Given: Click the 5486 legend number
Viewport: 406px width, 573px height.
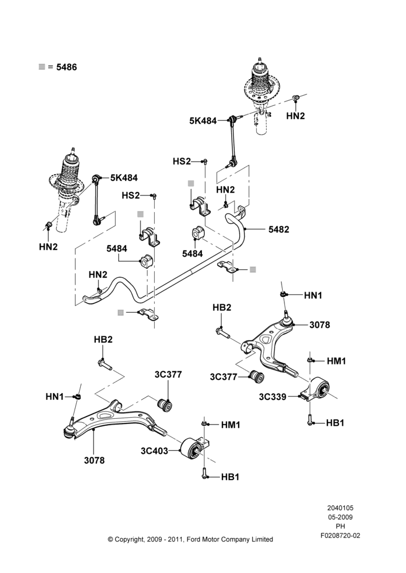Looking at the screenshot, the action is [67, 67].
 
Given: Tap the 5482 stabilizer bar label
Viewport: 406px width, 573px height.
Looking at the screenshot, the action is [279, 230].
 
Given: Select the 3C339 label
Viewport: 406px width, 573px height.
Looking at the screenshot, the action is [272, 397].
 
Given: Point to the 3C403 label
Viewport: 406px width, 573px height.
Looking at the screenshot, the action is [154, 451].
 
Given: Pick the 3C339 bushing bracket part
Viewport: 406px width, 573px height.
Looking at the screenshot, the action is [315, 390].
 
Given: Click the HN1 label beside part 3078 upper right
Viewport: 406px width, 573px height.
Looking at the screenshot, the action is [313, 295].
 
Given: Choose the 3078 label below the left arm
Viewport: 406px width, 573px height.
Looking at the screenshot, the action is [95, 461].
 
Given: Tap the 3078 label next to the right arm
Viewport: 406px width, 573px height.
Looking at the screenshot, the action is [319, 325].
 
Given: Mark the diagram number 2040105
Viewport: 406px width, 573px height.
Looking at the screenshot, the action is [340, 508].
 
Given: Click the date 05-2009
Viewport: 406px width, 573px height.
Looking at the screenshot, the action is [340, 517].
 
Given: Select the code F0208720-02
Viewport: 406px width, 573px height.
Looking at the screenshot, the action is [340, 535].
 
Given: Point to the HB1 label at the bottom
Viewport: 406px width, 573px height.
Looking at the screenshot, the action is [230, 477].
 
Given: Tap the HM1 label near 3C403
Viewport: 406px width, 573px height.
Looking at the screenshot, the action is [231, 425].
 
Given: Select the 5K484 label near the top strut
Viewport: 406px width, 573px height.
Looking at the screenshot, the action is [203, 120].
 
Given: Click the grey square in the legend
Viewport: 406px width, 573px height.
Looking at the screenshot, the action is [42, 67].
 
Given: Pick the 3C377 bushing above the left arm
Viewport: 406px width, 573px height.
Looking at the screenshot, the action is [166, 404].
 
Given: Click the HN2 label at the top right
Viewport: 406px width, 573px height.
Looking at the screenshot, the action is [295, 116].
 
